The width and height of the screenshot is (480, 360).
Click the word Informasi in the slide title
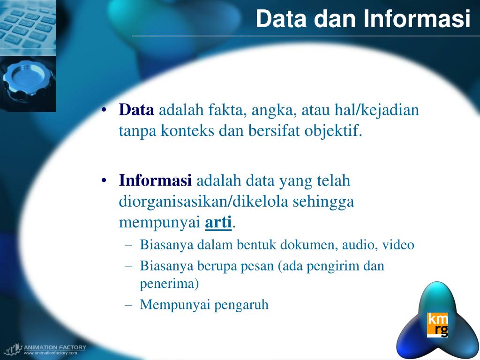pos(417,19)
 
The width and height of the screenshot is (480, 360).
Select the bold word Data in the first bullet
pos(136,111)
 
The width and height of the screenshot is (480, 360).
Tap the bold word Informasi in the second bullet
pos(156,180)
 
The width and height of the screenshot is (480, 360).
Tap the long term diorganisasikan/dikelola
pos(204,202)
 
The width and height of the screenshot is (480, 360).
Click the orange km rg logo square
pos(437,325)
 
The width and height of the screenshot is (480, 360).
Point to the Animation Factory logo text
pos(55,347)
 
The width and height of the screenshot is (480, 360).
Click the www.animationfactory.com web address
pos(50,353)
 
